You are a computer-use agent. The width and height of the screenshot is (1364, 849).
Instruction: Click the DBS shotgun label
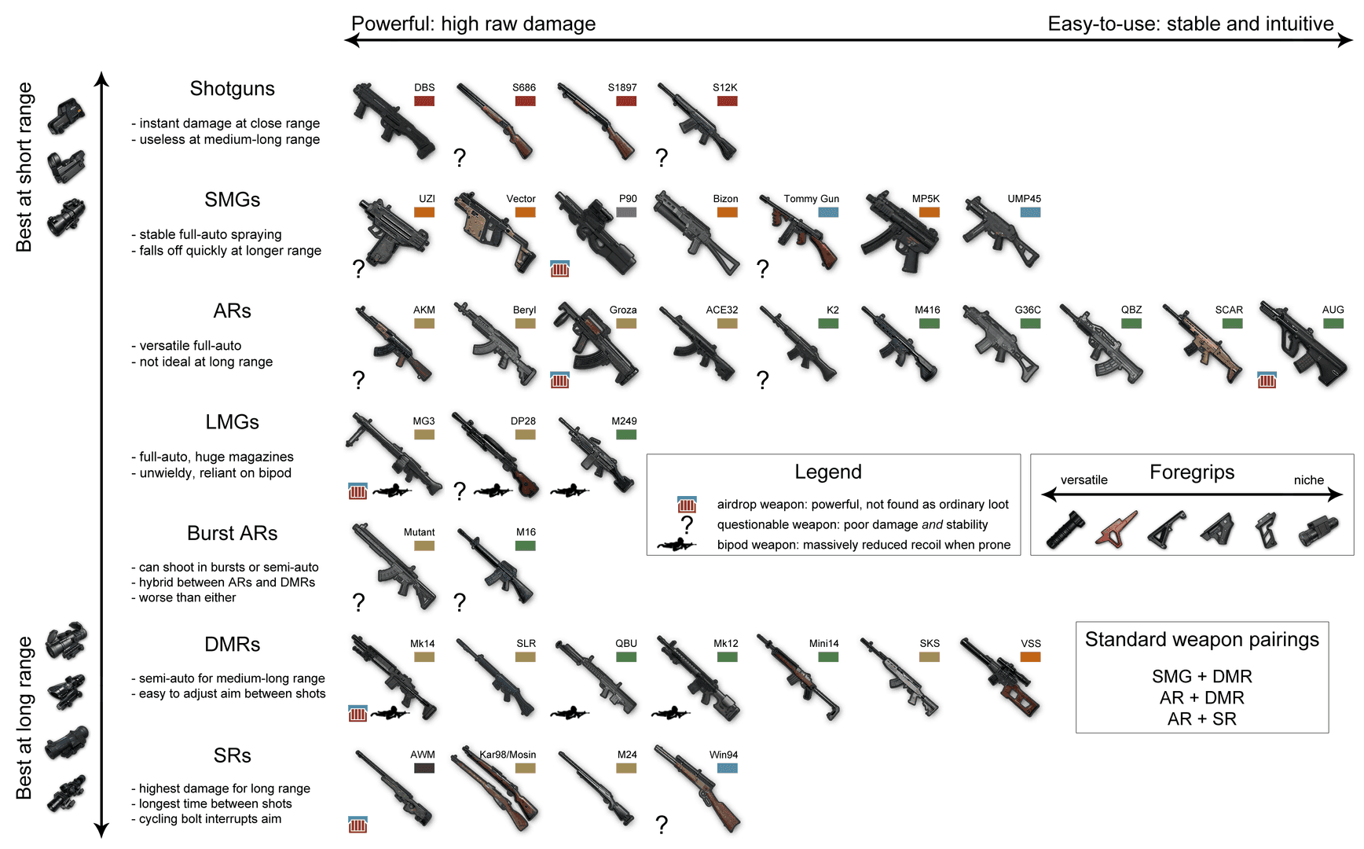point(424,87)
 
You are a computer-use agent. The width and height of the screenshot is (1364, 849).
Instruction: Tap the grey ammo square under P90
point(626,212)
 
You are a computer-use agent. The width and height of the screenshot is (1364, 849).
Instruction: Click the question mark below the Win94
point(662,824)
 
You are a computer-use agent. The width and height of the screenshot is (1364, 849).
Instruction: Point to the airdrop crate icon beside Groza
point(559,380)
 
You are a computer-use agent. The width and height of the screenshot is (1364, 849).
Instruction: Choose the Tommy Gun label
point(811,199)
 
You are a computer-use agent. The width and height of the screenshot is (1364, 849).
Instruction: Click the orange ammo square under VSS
point(1030,657)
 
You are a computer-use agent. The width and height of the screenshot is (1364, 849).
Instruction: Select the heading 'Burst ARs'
point(232,533)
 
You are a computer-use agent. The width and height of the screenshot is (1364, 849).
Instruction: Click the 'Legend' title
point(827,472)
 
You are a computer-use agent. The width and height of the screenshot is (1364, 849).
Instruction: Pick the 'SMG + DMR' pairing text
point(1201,676)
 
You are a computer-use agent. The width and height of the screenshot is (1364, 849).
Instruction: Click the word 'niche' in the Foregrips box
point(1308,480)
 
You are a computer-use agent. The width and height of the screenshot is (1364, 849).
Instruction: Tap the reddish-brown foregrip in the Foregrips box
point(1117,528)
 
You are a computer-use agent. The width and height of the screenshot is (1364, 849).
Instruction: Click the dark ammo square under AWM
point(424,768)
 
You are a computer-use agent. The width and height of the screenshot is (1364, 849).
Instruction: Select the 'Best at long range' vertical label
point(24,718)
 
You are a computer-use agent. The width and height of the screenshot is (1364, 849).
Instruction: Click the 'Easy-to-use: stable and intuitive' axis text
point(1190,24)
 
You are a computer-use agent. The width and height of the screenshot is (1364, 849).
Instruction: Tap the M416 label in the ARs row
point(927,310)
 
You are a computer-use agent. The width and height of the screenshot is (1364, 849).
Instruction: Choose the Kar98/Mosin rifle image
point(495,790)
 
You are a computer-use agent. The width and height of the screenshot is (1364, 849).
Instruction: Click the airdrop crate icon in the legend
point(687,504)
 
